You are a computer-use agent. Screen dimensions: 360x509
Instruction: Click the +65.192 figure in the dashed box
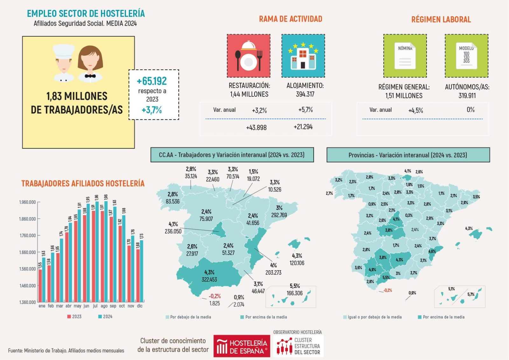pos(152,81)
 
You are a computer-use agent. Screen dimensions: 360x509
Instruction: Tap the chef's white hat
pos(64,51)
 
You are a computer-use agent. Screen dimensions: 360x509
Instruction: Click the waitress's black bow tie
pos(90,76)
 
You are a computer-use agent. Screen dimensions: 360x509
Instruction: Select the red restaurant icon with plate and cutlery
pos(248,56)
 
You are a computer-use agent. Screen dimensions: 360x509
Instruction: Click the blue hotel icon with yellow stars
pos(303,56)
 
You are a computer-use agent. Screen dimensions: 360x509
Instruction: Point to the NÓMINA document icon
pos(405,56)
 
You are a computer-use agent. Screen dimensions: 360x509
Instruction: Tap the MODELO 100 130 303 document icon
pos(466,56)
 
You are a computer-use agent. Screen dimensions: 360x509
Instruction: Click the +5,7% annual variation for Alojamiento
pos(305,110)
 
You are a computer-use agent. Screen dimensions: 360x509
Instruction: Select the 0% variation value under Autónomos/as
pos(471,110)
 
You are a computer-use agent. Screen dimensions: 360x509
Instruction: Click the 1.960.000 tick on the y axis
pos(27,202)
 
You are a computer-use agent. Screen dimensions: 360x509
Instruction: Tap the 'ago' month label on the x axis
pos(104,306)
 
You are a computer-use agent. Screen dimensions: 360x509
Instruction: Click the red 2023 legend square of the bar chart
pos(69,317)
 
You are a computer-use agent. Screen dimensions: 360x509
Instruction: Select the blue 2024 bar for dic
pos(142,271)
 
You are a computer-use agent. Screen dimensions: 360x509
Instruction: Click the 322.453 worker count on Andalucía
pos(209,279)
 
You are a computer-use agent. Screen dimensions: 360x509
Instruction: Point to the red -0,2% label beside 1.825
pos(215,296)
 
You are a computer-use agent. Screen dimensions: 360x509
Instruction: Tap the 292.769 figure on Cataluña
pos(279,215)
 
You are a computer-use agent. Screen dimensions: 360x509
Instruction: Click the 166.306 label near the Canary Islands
pos(295,293)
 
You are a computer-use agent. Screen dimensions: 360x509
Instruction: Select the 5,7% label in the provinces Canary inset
pos(471,294)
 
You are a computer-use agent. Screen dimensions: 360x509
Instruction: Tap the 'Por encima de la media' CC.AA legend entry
pos(266,317)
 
